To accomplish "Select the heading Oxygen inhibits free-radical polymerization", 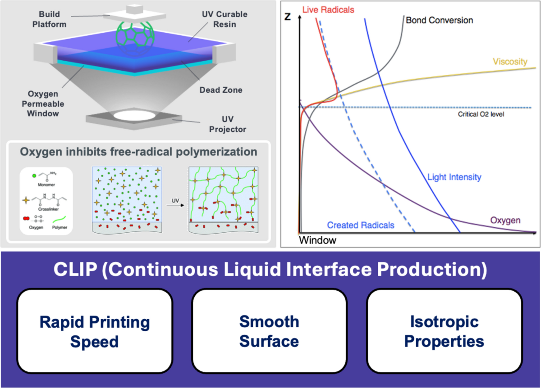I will (138, 152).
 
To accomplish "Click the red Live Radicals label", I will (322, 9).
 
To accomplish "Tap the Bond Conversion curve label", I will (439, 21).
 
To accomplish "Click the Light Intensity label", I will (454, 177).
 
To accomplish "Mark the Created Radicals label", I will (361, 225).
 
